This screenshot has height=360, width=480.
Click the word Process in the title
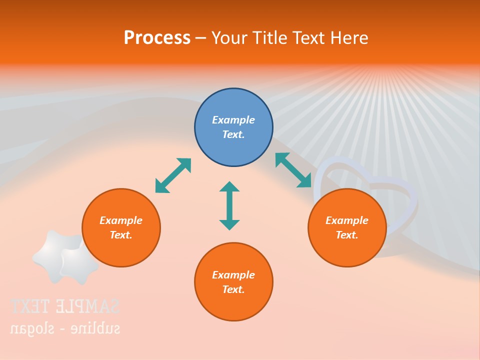click(157, 37)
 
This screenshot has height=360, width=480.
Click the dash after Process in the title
click(200, 38)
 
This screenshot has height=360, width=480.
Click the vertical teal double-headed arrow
click(229, 205)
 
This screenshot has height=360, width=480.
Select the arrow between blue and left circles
click(173, 175)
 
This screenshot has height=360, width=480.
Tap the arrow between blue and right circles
click(293, 170)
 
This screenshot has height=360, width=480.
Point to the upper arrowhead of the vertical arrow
click(229, 187)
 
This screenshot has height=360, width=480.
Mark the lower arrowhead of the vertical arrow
click(229, 224)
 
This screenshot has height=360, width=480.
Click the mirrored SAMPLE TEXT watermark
click(65, 306)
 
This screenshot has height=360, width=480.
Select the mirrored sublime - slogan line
click(65, 328)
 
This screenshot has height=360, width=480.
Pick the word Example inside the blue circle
click(233, 120)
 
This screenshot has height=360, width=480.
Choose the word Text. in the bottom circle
click(233, 289)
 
